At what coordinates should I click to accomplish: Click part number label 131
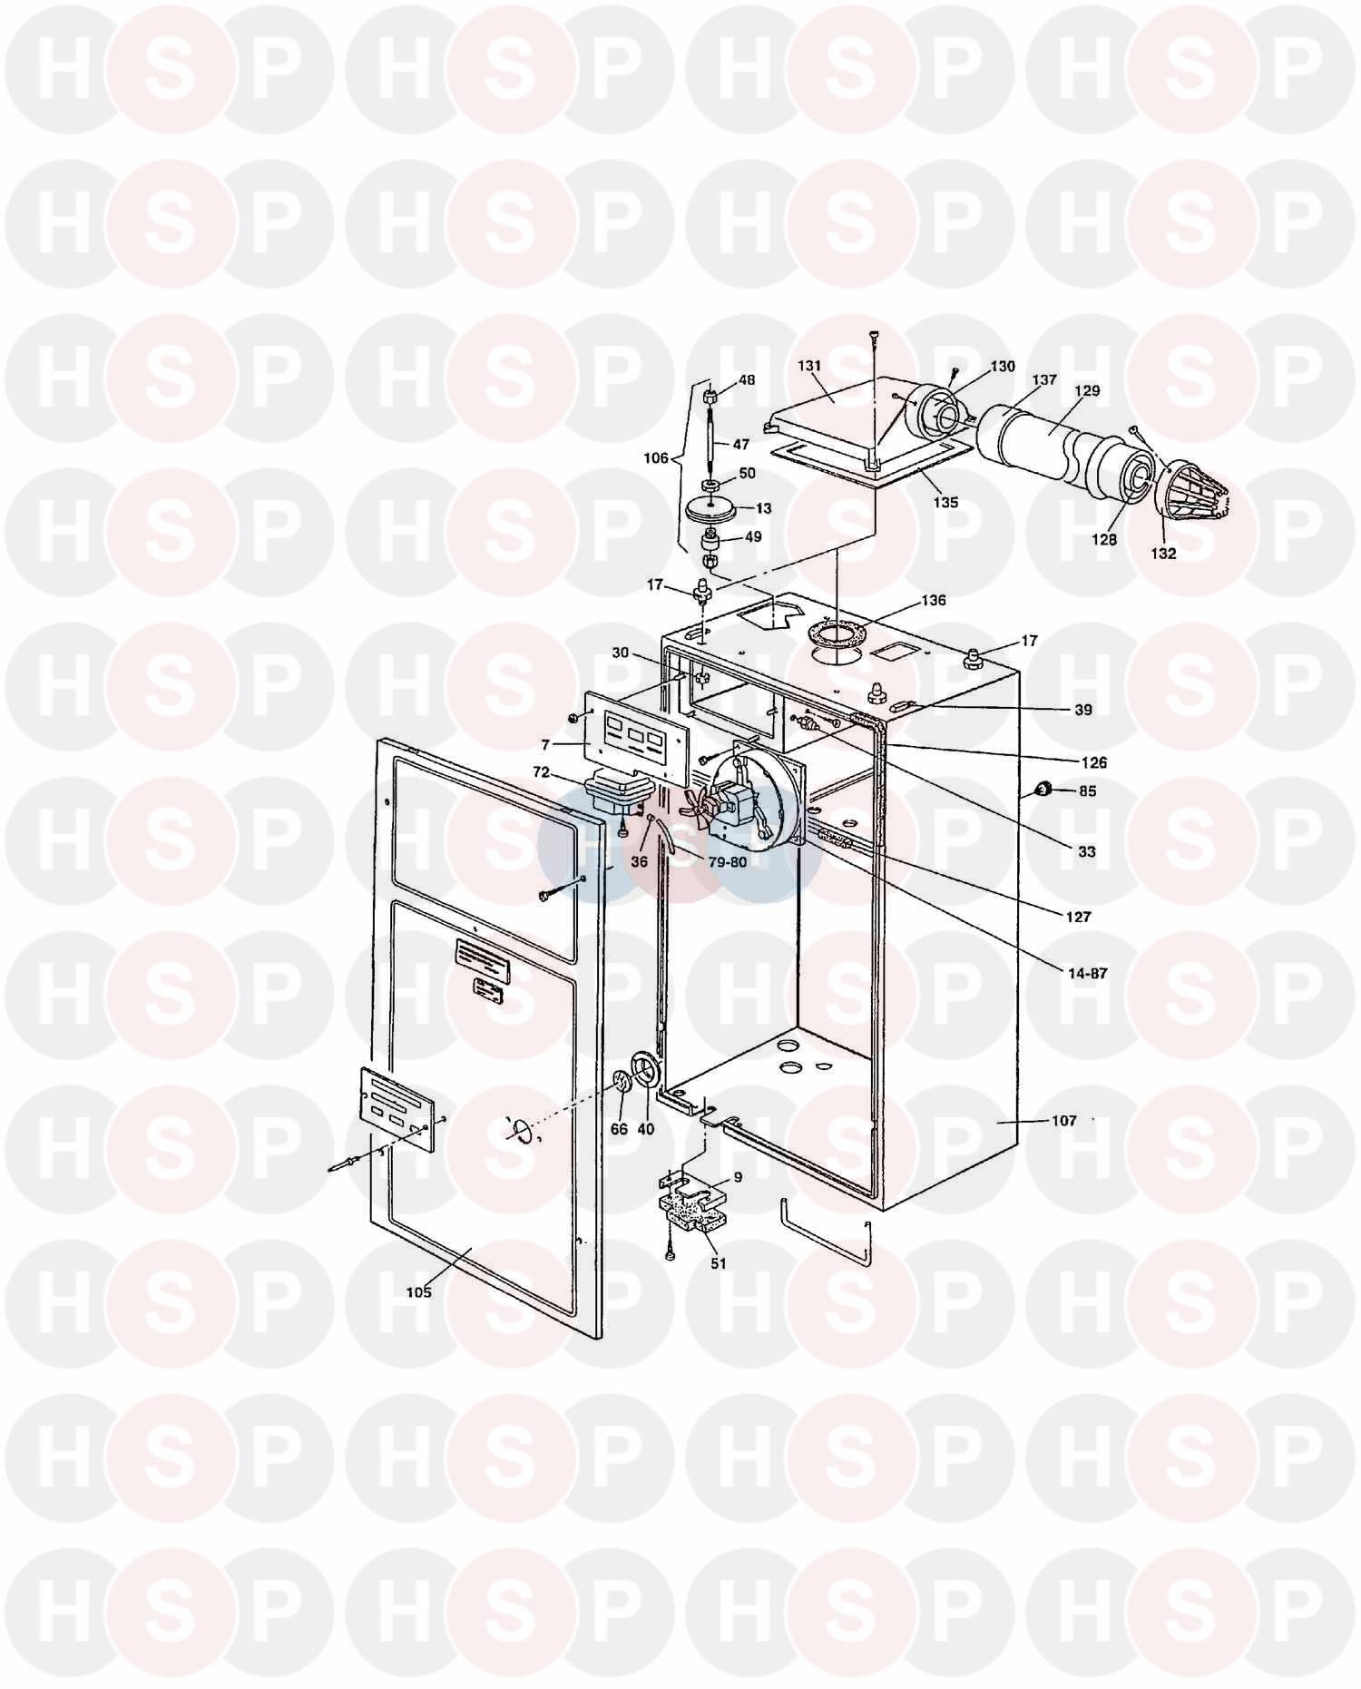809,366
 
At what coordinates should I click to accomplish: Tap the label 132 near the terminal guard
1163,553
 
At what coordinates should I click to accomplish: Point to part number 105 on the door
419,1292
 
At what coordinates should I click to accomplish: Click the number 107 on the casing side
1063,1121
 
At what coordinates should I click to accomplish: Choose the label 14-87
1088,974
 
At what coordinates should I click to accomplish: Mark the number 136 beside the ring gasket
933,600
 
